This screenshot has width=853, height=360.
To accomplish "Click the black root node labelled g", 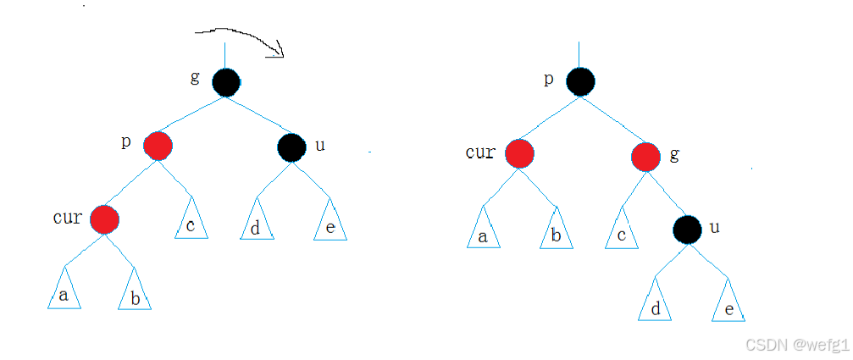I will pos(225,82).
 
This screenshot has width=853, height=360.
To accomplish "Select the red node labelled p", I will pos(158,147).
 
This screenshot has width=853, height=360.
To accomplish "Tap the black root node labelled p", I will pos(579,82).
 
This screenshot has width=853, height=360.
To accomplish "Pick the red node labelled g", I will pos(645,155).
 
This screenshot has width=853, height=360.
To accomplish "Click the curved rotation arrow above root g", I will pos(241,38).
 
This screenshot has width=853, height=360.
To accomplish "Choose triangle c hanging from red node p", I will pos(191,223).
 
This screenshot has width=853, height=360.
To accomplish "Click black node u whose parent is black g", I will pos(291,147).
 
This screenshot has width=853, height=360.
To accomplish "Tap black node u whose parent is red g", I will pos(688,229).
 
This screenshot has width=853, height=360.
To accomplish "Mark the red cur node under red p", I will pos(105,219).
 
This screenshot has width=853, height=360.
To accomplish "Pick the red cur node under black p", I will pos(519,154).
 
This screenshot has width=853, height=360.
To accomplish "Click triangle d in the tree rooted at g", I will pos(255,224).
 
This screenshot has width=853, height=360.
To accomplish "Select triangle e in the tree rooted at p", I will pos(728,306).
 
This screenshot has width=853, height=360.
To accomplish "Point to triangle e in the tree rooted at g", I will pos(330,224).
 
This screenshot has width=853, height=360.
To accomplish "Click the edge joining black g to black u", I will pos(258,114).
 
